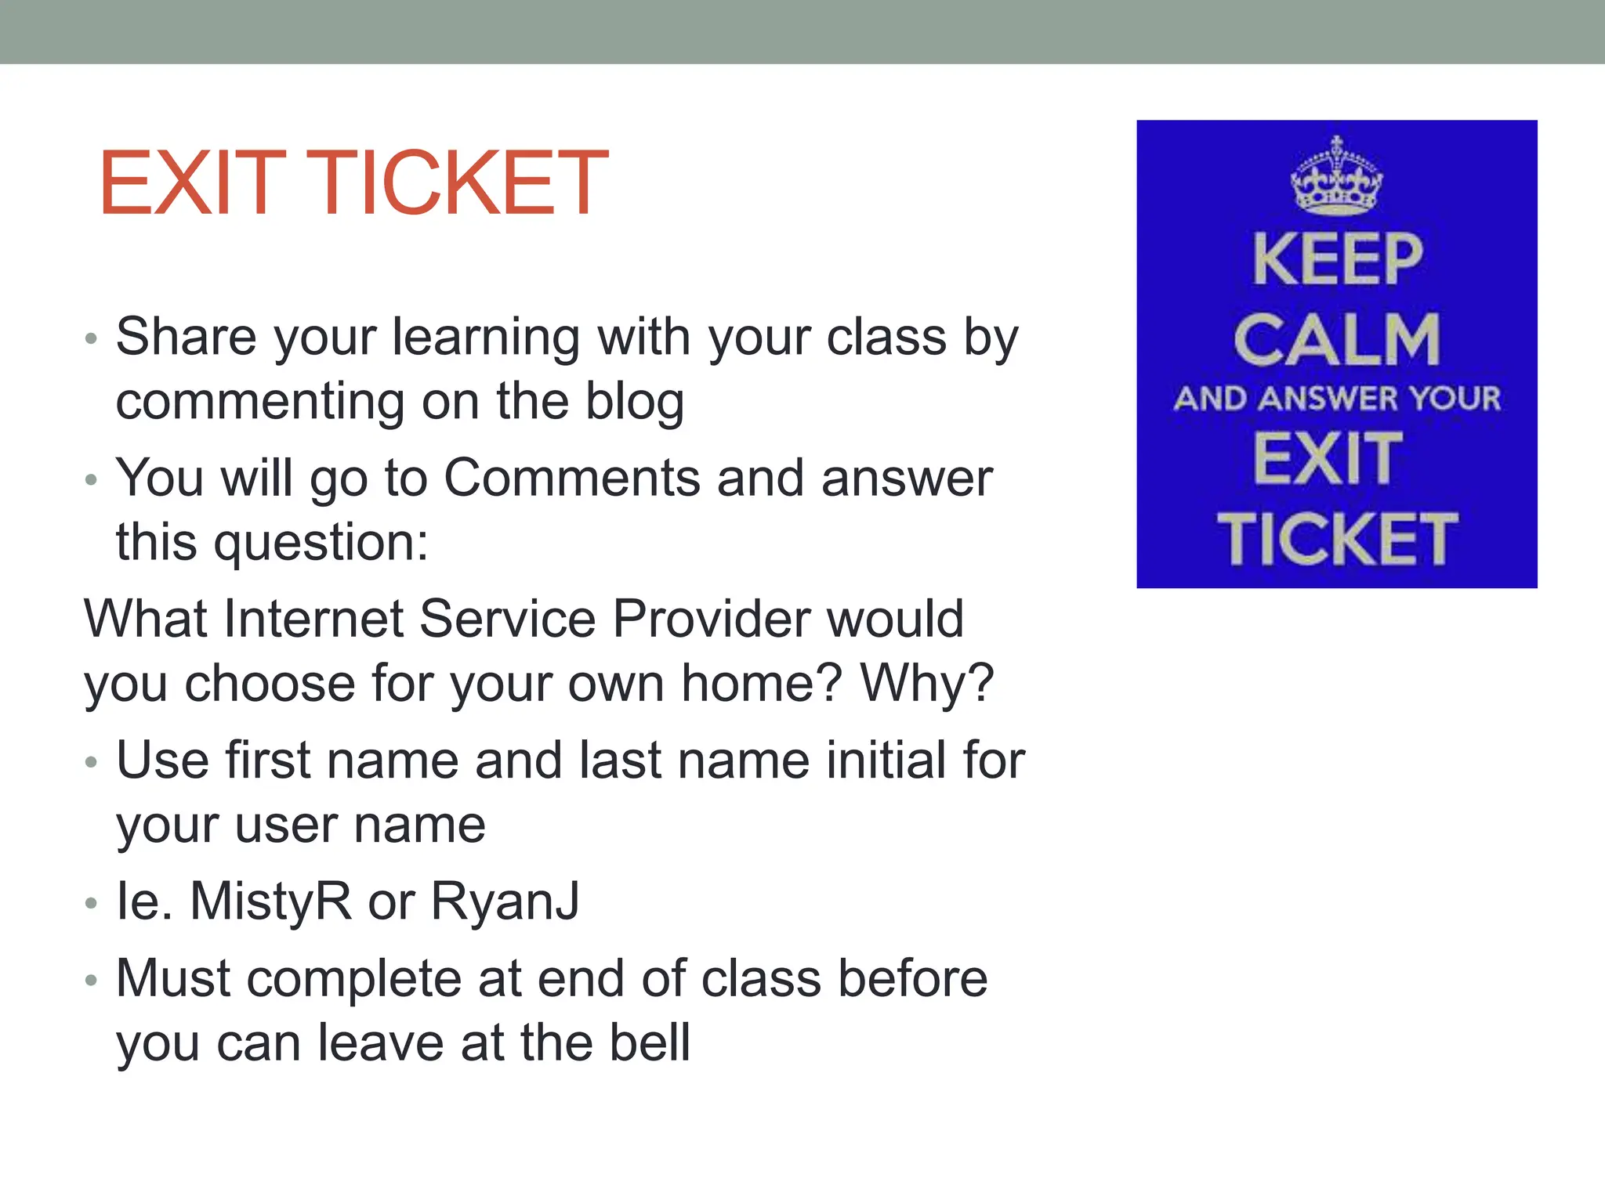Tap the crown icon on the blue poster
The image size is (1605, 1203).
coord(1337,176)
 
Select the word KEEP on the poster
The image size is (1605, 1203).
coord(1337,260)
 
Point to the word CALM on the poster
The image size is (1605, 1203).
coord(1337,340)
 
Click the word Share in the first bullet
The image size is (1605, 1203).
coord(187,337)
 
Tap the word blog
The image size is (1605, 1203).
coord(635,402)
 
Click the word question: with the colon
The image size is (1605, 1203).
coord(321,543)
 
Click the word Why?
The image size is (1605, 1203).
coord(927,683)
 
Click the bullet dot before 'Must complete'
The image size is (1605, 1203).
coord(91,981)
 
